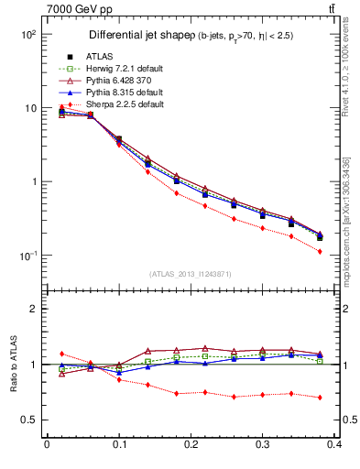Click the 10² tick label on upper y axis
coord(27,34)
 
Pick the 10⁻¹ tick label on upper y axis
coord(27,256)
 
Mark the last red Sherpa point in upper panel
coord(320,251)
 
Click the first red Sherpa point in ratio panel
coord(61,354)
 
